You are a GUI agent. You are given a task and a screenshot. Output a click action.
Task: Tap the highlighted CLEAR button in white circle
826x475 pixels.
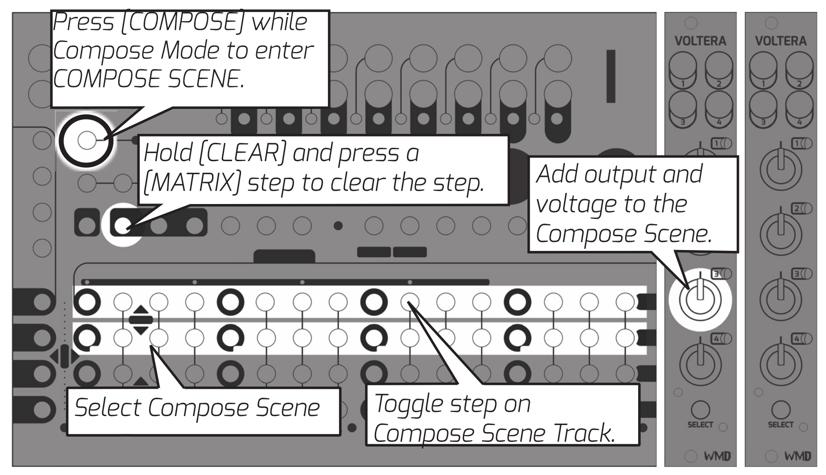(x=122, y=225)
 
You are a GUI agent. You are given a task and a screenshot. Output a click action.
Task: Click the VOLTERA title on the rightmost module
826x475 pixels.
(x=780, y=41)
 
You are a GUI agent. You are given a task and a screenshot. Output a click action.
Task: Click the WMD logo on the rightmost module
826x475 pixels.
(x=797, y=456)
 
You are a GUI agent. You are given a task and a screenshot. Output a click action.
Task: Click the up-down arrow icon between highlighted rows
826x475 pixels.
(x=141, y=320)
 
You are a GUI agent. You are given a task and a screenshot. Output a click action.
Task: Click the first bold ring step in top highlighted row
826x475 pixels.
(x=86, y=302)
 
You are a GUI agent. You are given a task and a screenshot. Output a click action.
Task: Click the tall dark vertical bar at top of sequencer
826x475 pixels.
(x=610, y=76)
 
